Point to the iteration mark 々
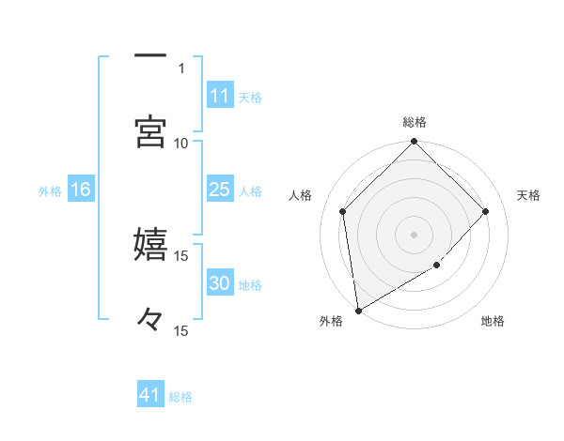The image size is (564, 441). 150,321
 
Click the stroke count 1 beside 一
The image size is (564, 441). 180,68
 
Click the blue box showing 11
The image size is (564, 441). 219,96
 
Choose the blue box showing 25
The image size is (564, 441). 219,190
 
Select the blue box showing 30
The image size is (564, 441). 219,283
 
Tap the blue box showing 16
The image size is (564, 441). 81,190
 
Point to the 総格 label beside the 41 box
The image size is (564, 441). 180,397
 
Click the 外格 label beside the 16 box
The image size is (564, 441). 50,191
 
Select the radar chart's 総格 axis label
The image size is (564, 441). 415,122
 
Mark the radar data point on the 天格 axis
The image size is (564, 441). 486,211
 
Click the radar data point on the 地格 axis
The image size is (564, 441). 437,266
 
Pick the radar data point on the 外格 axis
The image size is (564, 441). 358,310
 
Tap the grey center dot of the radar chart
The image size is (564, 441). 415,234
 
